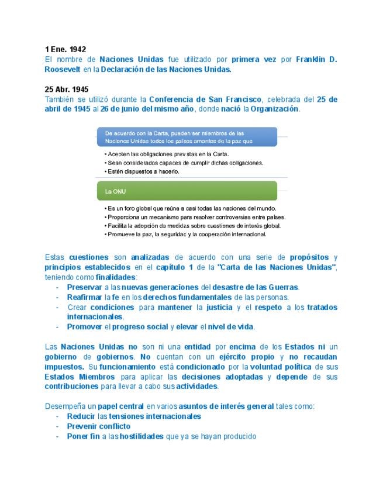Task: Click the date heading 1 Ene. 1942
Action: coord(65,50)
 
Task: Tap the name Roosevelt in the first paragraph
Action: coord(63,69)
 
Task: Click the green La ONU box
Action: coord(187,191)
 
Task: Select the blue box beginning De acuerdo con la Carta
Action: coord(187,137)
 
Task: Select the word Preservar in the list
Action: coord(84,287)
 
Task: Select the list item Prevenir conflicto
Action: coord(99,426)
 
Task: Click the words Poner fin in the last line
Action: coord(83,436)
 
